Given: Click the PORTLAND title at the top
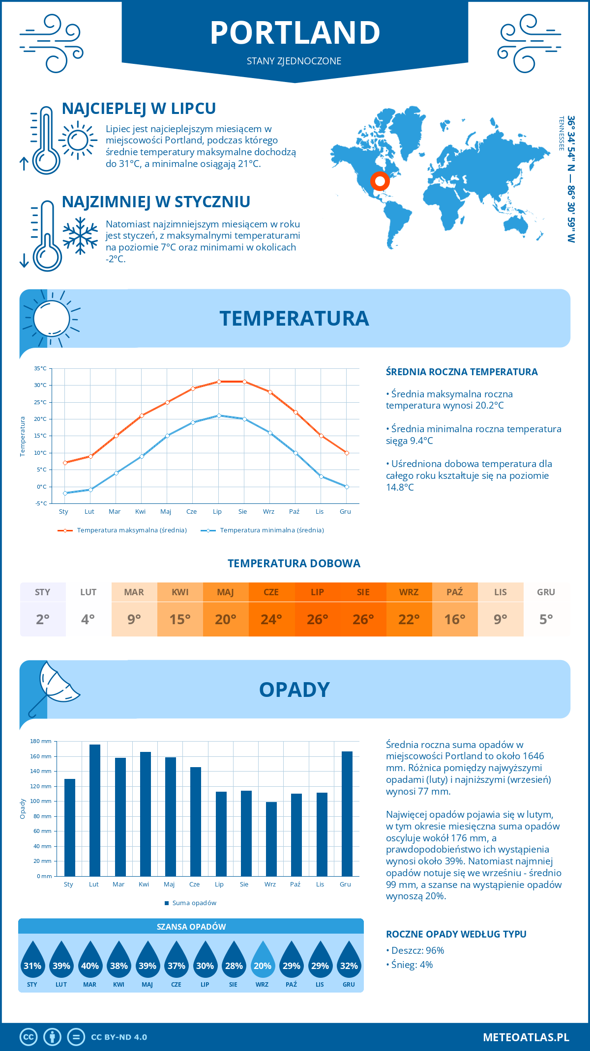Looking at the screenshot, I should [x=295, y=33].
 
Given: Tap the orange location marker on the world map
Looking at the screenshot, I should [x=380, y=181].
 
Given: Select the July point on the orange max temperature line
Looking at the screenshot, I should [x=219, y=382].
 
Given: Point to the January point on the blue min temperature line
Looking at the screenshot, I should [x=65, y=493].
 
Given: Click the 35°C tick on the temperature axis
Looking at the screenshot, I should [x=40, y=368].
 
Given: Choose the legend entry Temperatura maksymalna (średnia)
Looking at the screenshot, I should [x=122, y=530].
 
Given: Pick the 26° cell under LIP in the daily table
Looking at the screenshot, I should [x=317, y=619].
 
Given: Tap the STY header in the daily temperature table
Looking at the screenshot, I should [x=43, y=592].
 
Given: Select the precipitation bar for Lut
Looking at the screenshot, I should [x=94, y=810].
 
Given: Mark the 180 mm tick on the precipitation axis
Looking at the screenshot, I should [x=41, y=741].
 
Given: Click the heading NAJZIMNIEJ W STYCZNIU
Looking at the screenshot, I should [x=156, y=202].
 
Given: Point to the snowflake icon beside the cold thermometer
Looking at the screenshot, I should [x=80, y=236].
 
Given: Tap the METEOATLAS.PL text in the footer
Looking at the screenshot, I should [x=526, y=1037].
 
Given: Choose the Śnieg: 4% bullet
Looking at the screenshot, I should [x=410, y=965].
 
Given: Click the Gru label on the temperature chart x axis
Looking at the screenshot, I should [x=345, y=512].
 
